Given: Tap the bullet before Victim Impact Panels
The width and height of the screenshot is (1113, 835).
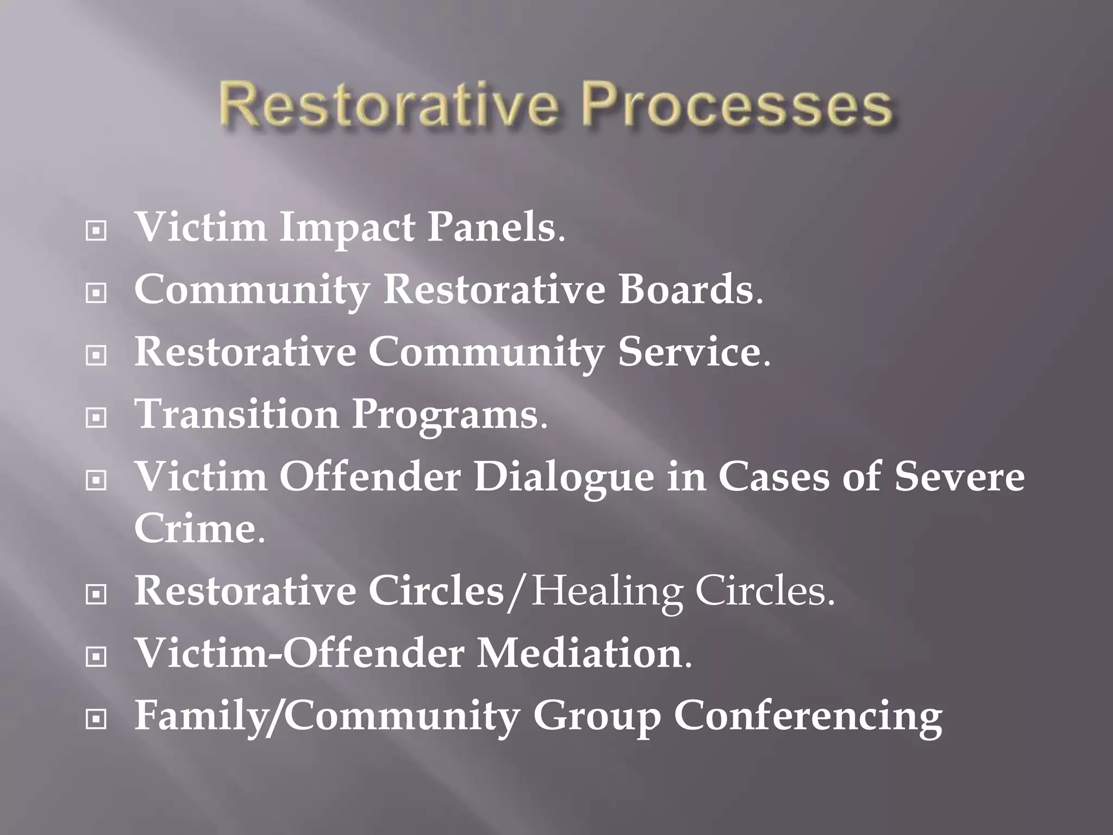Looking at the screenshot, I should [x=96, y=232].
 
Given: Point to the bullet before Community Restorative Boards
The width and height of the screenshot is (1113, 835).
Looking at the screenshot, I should [x=96, y=294].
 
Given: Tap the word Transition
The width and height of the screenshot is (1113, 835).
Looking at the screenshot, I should [x=236, y=414].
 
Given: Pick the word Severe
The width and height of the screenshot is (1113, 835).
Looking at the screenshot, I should [x=959, y=476].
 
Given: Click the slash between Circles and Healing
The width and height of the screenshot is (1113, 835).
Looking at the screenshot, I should [x=517, y=593].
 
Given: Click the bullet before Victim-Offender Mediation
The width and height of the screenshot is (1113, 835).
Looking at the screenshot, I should [x=96, y=658].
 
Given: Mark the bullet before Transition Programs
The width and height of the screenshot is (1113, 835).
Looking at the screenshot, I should [x=96, y=418].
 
